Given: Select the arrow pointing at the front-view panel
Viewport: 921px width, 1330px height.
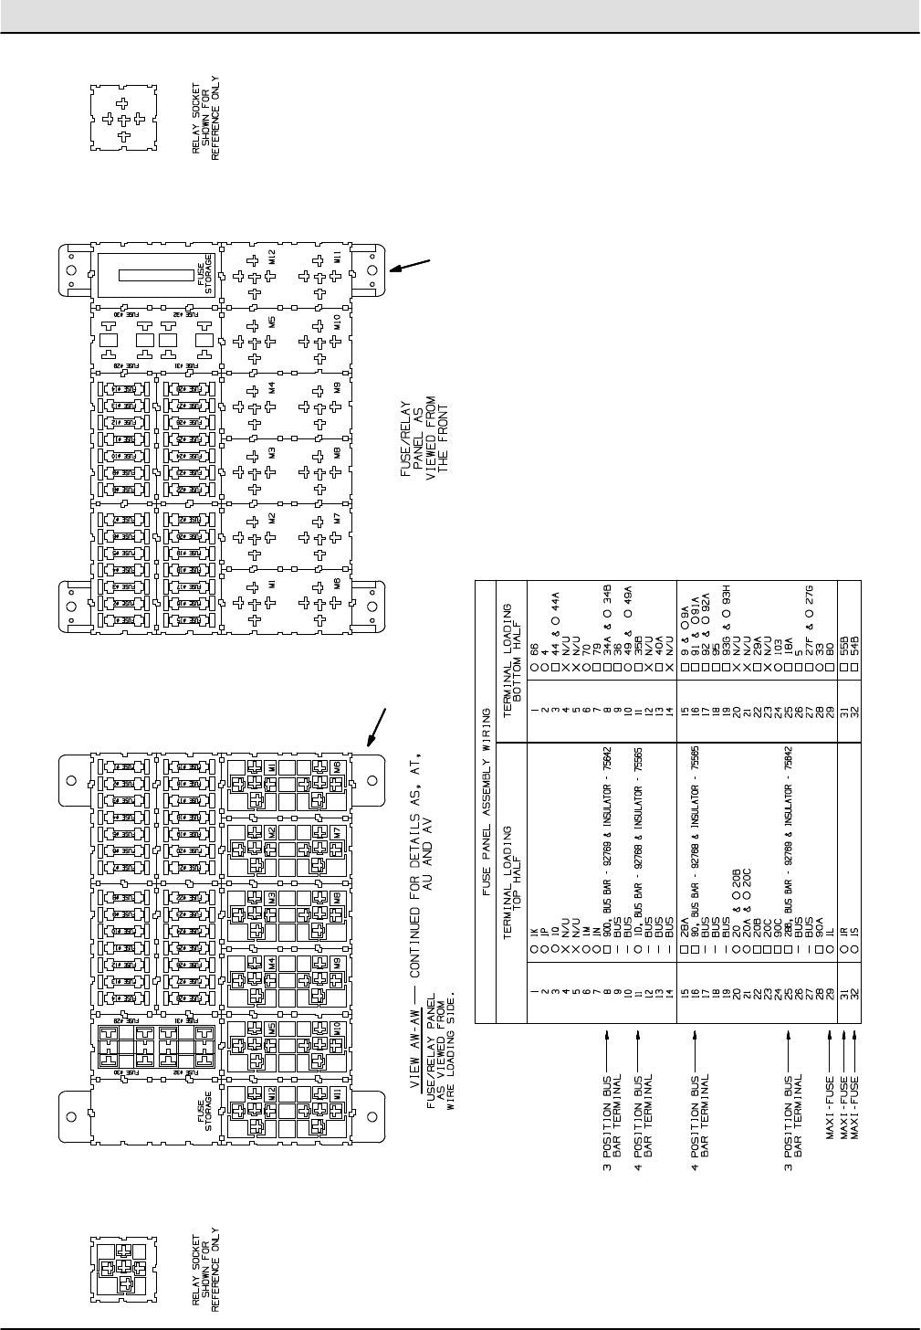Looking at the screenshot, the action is click(x=409, y=264).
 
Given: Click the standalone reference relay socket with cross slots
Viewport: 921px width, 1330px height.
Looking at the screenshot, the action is click(x=123, y=119).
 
